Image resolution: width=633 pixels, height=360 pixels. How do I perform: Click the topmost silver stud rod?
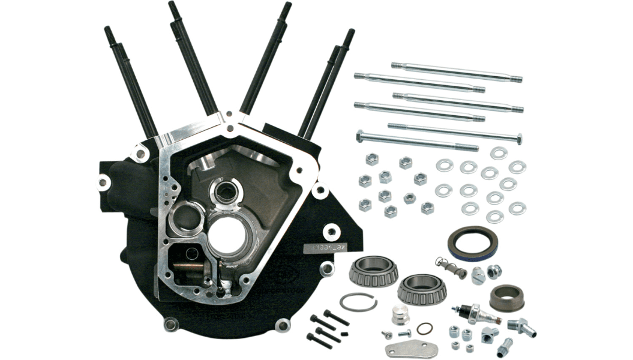(x=456, y=71)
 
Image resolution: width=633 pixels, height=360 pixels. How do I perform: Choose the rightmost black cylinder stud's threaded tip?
(x=349, y=37)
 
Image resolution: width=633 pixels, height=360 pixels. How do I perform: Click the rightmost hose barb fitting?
(x=517, y=326)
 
